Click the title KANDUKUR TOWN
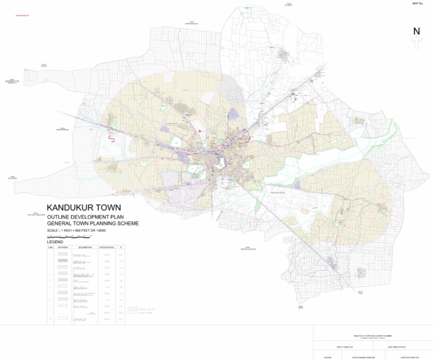coord(83,208)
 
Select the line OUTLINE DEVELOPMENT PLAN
coord(85,217)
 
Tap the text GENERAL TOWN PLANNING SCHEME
coord(93,223)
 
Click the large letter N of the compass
coord(417,32)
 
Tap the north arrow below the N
coord(417,43)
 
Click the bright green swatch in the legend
coord(63,279)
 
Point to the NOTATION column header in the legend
coord(63,248)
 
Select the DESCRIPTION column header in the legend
coord(85,248)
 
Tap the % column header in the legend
coord(121,248)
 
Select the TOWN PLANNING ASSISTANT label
coord(363,358)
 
